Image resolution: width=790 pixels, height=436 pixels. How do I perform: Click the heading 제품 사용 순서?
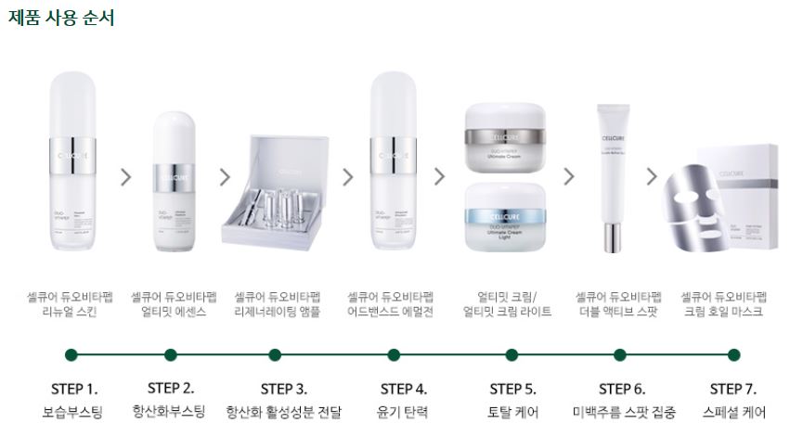pos(61,18)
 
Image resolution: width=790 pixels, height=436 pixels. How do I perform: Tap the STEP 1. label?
pos(72,389)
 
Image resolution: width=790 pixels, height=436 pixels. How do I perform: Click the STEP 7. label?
pos(732,389)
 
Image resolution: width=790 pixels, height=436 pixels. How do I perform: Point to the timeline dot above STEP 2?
pos(171,354)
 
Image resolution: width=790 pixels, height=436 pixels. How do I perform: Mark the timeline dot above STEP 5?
pos(512,354)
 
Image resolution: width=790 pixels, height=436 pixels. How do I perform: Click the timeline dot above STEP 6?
pos(621,354)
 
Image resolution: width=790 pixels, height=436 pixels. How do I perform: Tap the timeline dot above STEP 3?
pos(275,354)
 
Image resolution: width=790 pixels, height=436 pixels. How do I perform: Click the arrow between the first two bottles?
pos(126,176)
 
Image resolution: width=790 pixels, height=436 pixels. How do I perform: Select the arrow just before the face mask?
pos(652,176)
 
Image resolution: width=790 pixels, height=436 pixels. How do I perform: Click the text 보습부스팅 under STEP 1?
pos(72,412)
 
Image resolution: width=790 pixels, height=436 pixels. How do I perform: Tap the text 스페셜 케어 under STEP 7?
pos(732,412)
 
